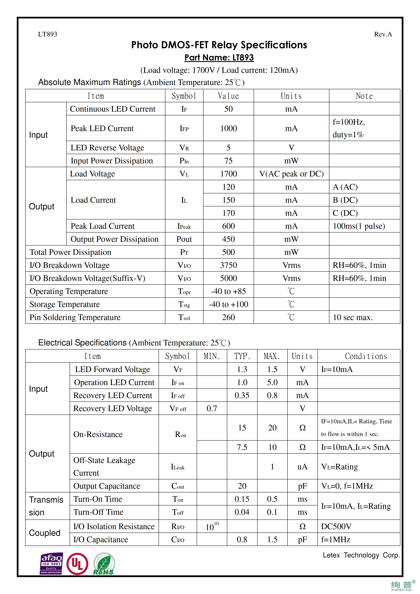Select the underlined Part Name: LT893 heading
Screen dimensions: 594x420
(x=219, y=57)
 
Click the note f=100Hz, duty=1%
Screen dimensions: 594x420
(x=349, y=128)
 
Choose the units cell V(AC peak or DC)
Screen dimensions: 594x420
(x=291, y=174)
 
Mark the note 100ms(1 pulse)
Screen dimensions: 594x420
(x=359, y=226)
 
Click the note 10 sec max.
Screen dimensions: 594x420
(x=352, y=317)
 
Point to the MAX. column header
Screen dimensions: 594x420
(x=272, y=356)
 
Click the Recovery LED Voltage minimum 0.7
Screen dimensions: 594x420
(x=212, y=409)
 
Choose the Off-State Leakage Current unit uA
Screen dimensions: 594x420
(x=302, y=467)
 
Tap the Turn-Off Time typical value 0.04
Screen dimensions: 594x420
(x=242, y=512)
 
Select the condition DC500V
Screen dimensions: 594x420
(x=336, y=526)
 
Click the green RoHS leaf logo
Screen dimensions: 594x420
(x=104, y=564)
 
